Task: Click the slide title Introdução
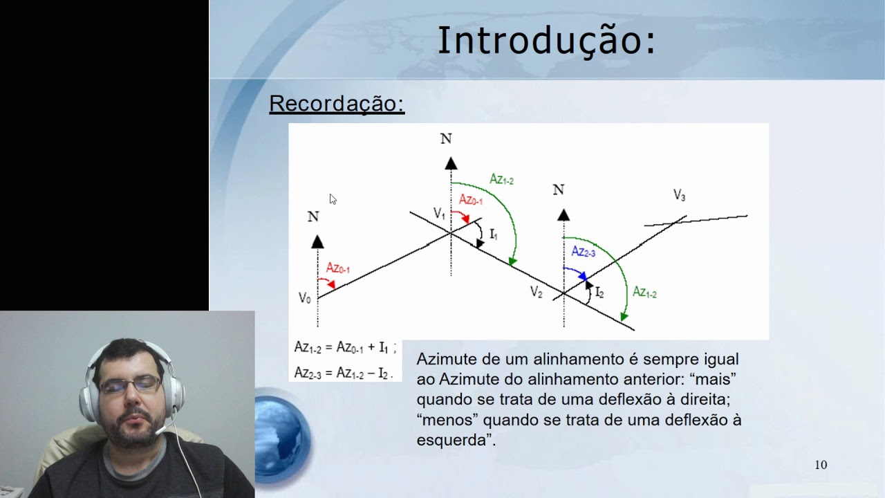[546, 40]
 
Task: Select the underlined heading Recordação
[336, 104]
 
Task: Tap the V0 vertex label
[305, 298]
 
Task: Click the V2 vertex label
[537, 293]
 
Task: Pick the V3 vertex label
[680, 196]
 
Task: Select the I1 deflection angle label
[494, 234]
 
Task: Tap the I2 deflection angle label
[599, 293]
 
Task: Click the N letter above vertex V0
[313, 217]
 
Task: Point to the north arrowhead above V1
[451, 164]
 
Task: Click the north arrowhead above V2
[563, 215]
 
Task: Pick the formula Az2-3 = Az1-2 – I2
[343, 373]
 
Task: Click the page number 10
[821, 465]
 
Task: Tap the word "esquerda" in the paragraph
[451, 440]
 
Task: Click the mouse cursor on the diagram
[333, 199]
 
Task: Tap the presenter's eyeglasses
[130, 384]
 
